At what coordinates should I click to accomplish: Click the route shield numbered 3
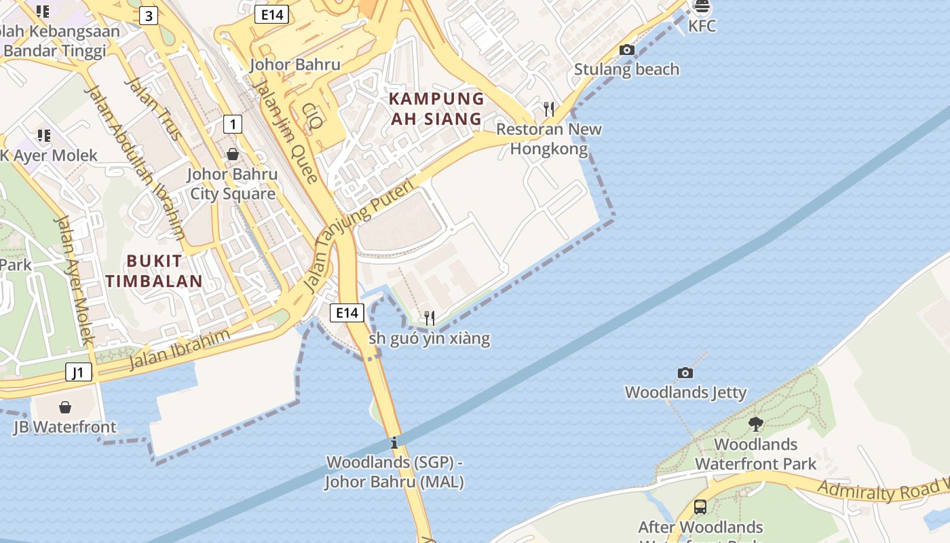[x=148, y=16]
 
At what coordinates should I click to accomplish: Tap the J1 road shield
[x=79, y=372]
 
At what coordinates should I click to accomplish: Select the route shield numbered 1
[x=233, y=124]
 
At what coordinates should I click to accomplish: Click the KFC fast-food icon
[x=702, y=7]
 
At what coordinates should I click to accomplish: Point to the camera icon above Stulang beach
[x=627, y=50]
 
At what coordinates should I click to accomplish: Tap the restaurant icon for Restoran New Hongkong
[x=549, y=109]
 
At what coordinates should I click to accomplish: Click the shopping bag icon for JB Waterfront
[x=65, y=407]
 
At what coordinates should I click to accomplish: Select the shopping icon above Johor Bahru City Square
[x=233, y=154]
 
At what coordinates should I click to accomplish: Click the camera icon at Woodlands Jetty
[x=685, y=373]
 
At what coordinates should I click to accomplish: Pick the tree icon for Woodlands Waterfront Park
[x=755, y=424]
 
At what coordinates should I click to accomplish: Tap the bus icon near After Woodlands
[x=700, y=507]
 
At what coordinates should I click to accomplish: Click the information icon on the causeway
[x=394, y=443]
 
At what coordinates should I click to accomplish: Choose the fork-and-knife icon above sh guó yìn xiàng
[x=429, y=317]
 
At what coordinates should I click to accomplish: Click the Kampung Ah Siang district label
[x=436, y=109]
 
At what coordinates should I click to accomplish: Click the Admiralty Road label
[x=882, y=489]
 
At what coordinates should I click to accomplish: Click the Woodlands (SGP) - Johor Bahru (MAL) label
[x=394, y=472]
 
